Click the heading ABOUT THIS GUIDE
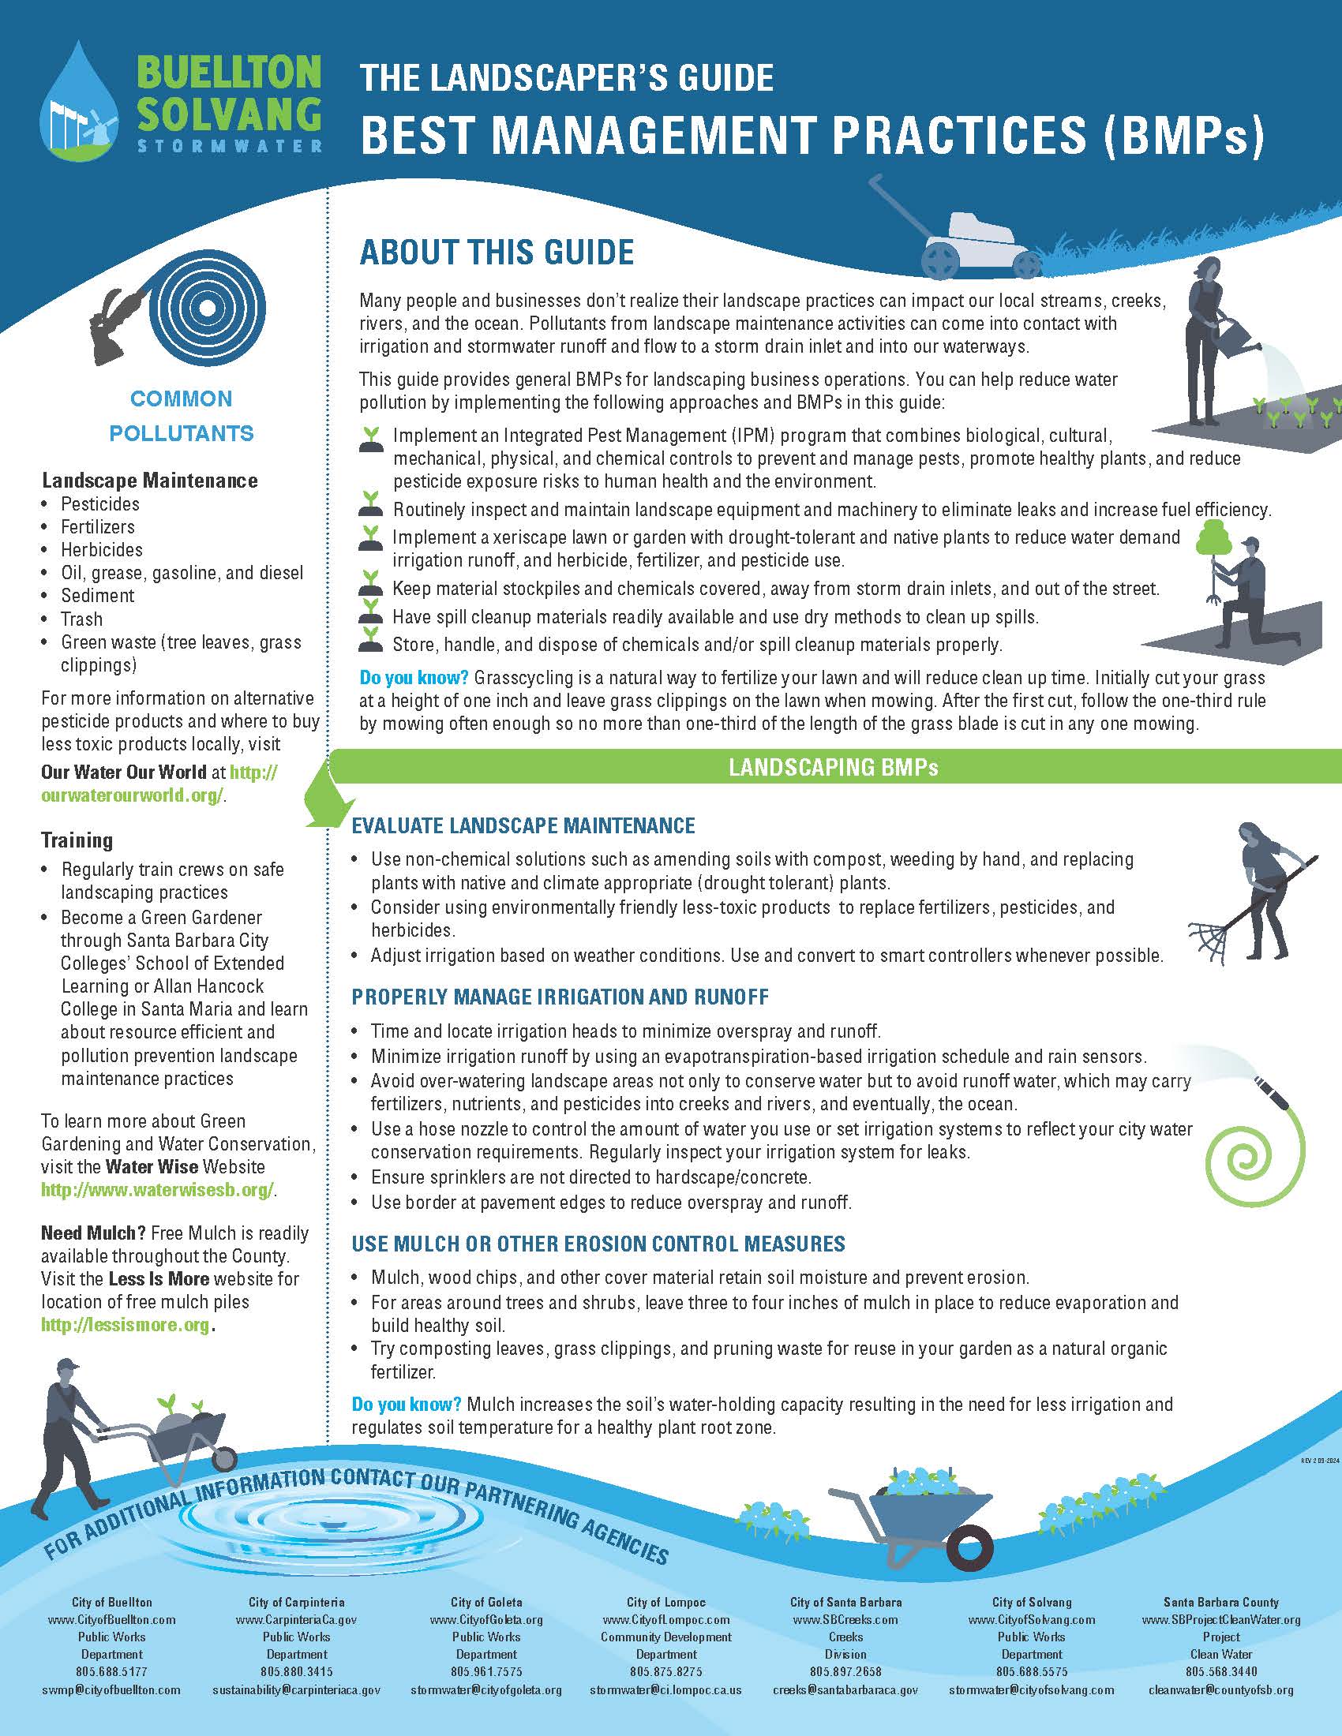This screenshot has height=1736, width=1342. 497,252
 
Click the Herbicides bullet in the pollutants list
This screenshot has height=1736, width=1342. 102,549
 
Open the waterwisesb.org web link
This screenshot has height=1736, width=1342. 157,1190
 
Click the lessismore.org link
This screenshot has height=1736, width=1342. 126,1325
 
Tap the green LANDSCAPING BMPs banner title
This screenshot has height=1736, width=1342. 833,767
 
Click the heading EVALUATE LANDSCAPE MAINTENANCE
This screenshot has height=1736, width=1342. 523,825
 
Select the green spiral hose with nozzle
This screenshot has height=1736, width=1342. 1256,1161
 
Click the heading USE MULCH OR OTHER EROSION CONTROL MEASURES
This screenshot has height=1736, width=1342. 598,1243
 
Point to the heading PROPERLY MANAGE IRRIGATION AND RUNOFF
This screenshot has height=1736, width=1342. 560,997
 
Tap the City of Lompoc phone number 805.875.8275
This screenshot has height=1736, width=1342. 665,1671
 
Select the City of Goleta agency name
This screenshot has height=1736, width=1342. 485,1603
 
